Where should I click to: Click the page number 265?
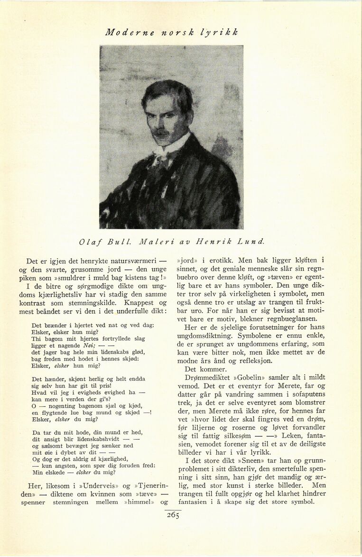click(173, 516)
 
